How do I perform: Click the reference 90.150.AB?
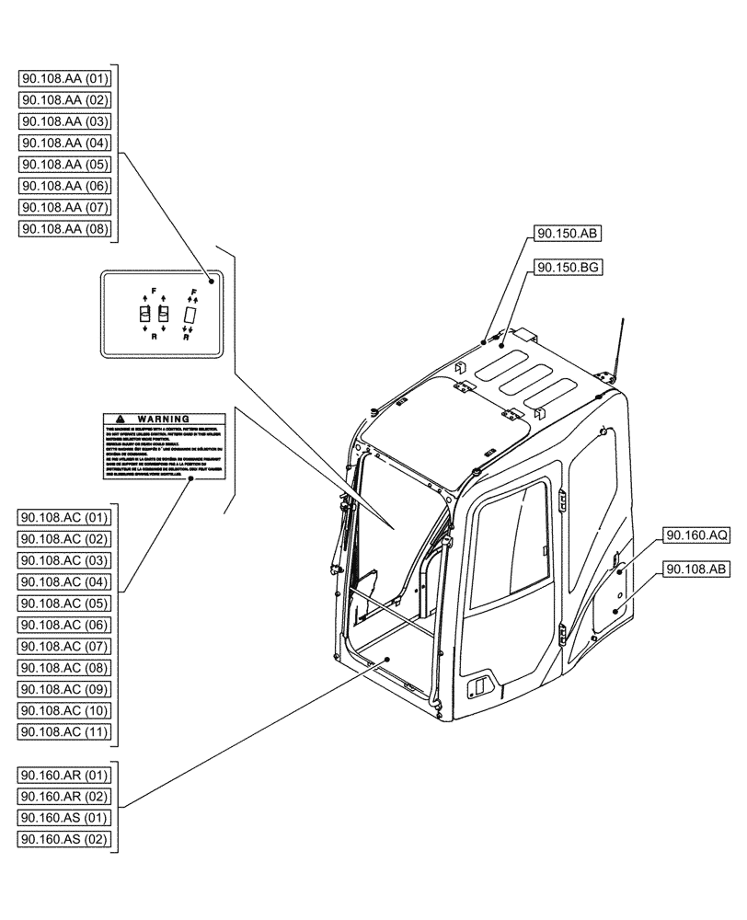click(565, 234)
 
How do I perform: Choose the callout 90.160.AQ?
click(695, 535)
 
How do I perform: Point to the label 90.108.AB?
click(695, 569)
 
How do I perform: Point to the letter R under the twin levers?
click(153, 338)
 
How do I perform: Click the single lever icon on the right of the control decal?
click(190, 316)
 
